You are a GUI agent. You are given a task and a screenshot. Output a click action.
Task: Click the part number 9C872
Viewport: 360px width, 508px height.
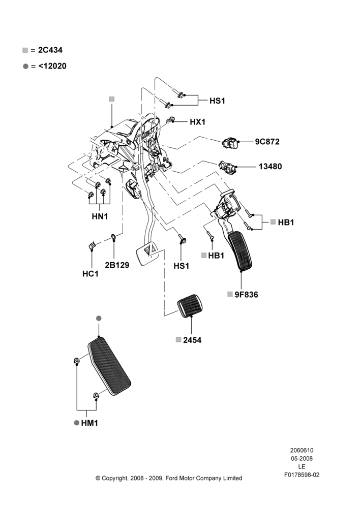[267, 142]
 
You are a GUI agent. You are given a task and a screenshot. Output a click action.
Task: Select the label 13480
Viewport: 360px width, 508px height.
[270, 167]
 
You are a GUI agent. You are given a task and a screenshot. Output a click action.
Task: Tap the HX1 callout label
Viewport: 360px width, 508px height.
[197, 122]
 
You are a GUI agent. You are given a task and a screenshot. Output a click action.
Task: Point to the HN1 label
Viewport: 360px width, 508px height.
[100, 216]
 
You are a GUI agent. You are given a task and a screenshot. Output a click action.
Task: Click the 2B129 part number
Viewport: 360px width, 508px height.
[117, 265]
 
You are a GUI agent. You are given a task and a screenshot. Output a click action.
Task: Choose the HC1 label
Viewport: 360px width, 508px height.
[90, 274]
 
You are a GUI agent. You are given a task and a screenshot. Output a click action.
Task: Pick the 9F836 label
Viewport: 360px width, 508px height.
[246, 295]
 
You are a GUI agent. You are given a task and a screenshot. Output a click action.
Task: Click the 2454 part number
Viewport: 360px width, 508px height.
[192, 340]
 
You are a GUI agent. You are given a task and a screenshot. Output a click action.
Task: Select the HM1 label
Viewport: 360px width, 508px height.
[89, 423]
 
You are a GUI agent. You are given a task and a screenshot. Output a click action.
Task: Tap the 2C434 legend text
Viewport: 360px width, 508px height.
[50, 50]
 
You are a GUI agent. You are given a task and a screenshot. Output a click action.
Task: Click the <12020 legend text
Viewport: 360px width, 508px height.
[52, 66]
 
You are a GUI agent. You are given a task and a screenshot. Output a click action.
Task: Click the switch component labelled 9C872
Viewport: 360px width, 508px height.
[231, 143]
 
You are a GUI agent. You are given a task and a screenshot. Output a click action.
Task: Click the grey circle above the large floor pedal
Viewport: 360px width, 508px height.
[99, 319]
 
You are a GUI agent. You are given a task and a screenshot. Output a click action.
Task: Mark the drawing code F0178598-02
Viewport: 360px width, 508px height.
[302, 475]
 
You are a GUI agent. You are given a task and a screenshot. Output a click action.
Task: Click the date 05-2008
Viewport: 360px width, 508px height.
[302, 458]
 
